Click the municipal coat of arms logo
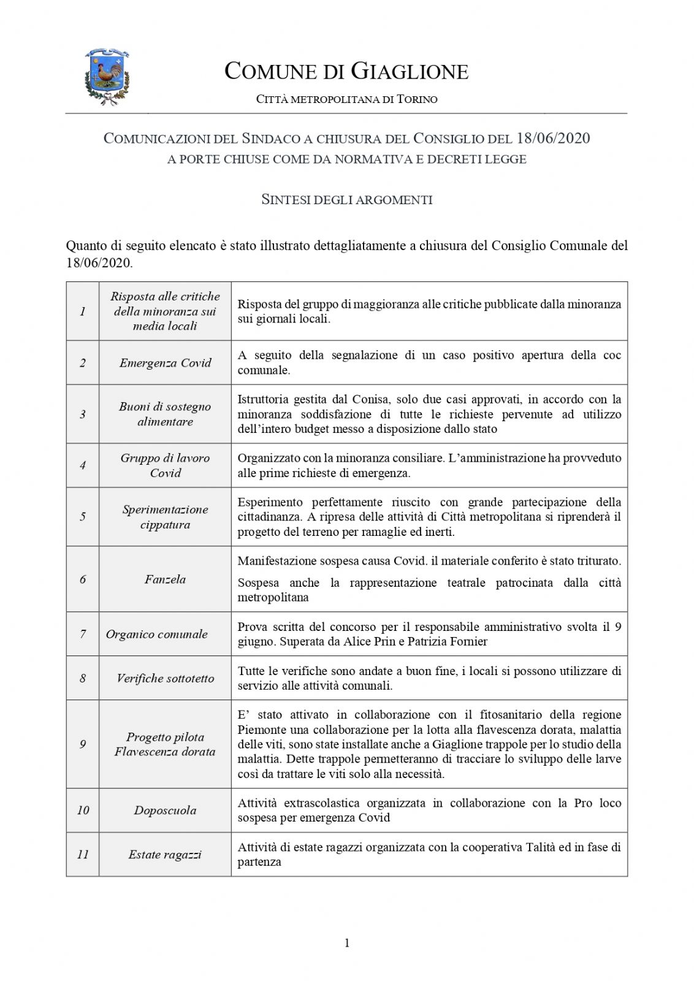click(107, 77)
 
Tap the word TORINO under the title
click(417, 99)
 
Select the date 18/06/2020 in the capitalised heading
click(553, 139)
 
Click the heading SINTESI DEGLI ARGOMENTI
click(347, 200)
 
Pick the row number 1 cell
click(83, 311)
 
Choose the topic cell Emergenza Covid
click(165, 363)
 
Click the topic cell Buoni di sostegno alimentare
click(165, 414)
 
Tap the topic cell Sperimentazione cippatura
click(165, 517)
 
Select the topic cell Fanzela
click(165, 579)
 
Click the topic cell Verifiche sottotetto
click(165, 679)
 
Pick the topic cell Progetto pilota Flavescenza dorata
click(165, 744)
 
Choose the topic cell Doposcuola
click(165, 811)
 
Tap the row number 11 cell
click(83, 855)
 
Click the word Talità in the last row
click(540, 847)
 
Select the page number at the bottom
click(347, 943)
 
